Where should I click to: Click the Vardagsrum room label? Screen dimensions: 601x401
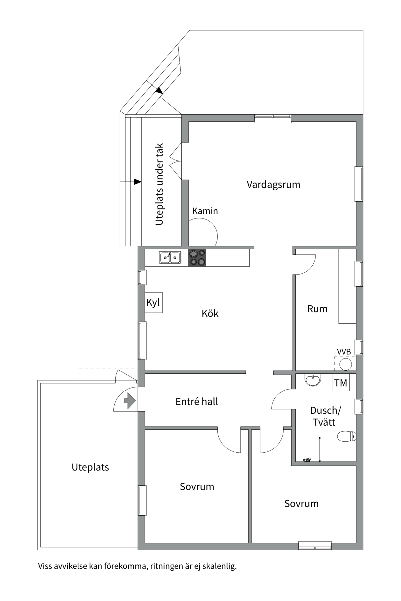click(273, 184)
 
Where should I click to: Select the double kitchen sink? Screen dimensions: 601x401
click(170, 258)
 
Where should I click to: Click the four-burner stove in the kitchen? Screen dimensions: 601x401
click(197, 258)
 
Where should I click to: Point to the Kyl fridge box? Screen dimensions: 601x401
click(154, 302)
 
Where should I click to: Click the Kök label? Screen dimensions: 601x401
click(210, 313)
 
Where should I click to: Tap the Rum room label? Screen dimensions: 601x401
click(317, 309)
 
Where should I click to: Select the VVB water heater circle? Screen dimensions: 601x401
click(346, 364)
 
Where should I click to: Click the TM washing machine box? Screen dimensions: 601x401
click(341, 383)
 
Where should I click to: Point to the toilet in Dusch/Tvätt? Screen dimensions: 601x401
click(347, 436)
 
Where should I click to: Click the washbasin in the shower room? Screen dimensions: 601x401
click(313, 380)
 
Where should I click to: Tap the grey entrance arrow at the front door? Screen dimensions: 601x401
click(130, 401)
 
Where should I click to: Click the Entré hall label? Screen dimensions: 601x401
click(197, 402)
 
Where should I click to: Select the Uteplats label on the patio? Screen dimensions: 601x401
click(90, 467)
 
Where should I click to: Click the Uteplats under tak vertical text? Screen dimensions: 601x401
click(159, 184)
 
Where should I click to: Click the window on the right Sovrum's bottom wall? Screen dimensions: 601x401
click(315, 546)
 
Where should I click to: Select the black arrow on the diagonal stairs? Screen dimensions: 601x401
click(159, 90)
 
